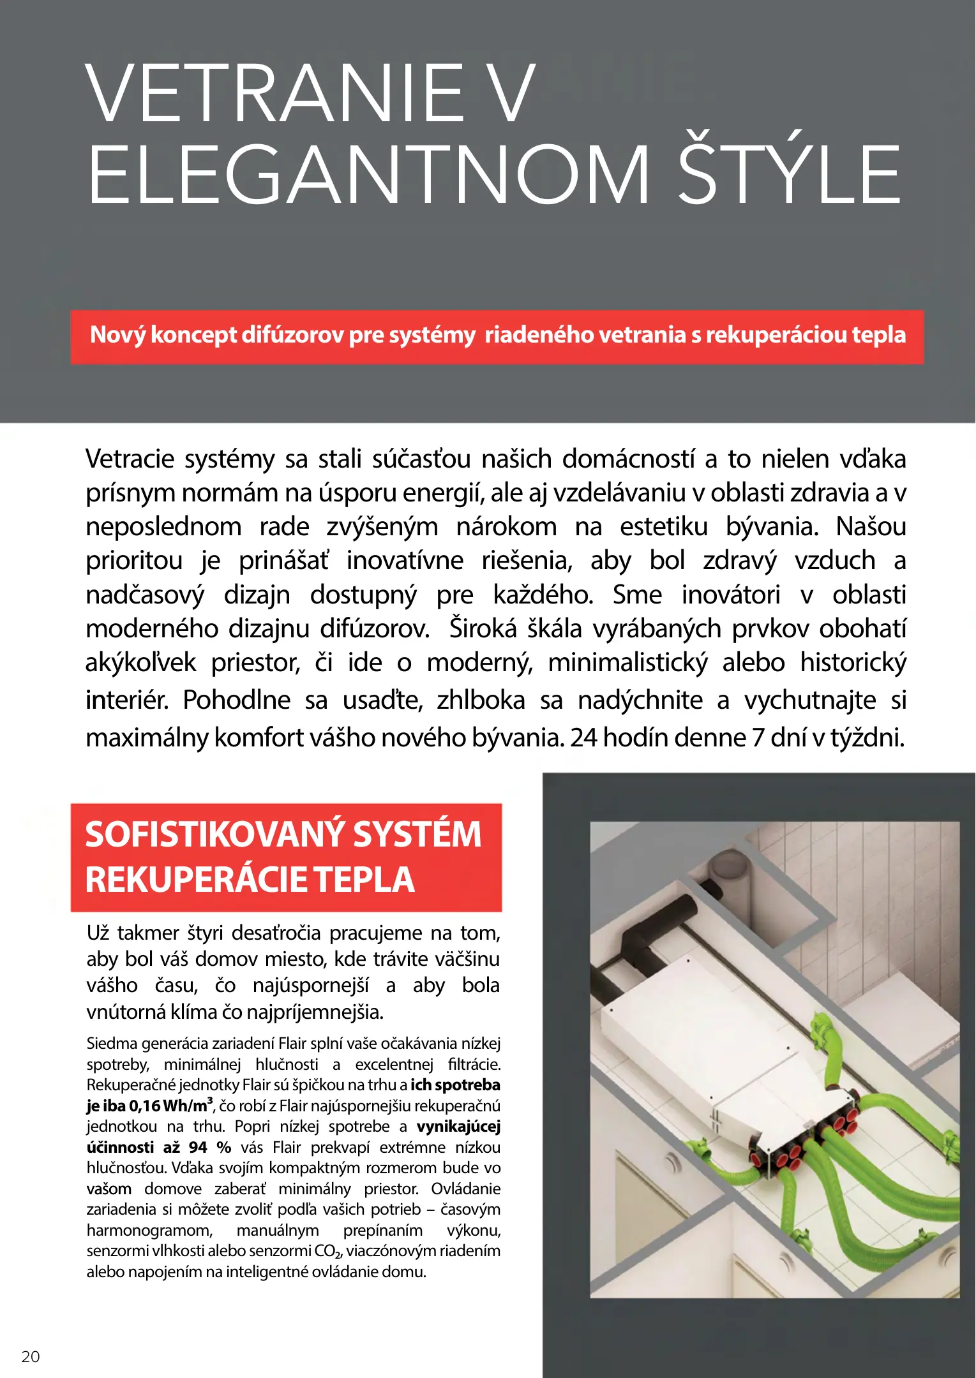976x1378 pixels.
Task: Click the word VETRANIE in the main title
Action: pyautogui.click(x=274, y=93)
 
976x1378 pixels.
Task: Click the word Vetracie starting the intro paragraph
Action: pyautogui.click(x=129, y=459)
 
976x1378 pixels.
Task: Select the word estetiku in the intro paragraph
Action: pyautogui.click(x=664, y=527)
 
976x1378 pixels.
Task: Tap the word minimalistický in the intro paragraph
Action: pyautogui.click(x=627, y=663)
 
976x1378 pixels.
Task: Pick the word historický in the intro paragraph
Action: pyautogui.click(x=853, y=663)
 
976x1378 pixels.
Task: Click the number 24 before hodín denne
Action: pyautogui.click(x=583, y=737)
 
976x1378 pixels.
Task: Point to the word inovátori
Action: pyautogui.click(x=731, y=595)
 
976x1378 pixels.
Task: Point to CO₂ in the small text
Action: pyautogui.click(x=328, y=1251)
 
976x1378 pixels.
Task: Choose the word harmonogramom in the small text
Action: pyautogui.click(x=149, y=1230)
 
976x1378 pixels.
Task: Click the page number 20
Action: pyautogui.click(x=31, y=1356)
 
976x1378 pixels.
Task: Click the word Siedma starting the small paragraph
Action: pyautogui.click(x=112, y=1044)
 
